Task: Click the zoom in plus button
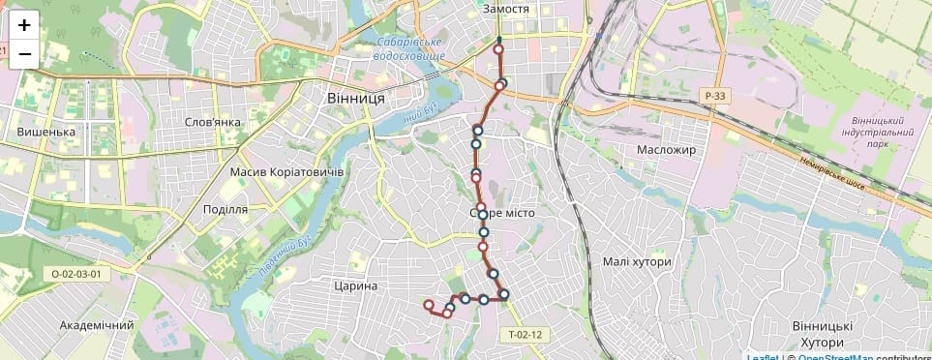coord(24,25)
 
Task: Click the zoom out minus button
coord(24,54)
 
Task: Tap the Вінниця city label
coord(356,100)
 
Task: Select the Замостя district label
coord(505,9)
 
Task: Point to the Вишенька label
coord(46,133)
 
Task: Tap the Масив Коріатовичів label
coord(287,171)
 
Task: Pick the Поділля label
coord(225,209)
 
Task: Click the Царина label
coord(354,286)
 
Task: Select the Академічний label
coord(97,325)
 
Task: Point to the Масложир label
coord(667,150)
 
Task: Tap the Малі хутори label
coord(636,262)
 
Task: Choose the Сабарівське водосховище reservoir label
coord(409,50)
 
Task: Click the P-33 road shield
coord(715,96)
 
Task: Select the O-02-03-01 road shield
coord(75,274)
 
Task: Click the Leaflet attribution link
coord(764,357)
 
